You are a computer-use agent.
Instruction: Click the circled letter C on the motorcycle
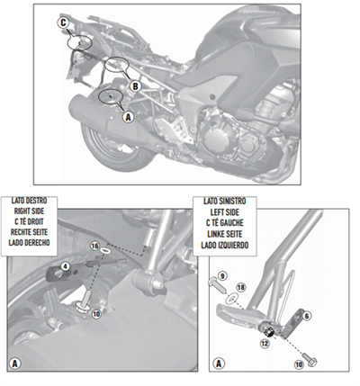point(63,21)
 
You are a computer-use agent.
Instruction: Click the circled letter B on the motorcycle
point(134,85)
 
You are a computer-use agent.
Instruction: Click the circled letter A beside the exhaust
point(126,116)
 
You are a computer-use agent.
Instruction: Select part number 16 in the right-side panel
point(93,244)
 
